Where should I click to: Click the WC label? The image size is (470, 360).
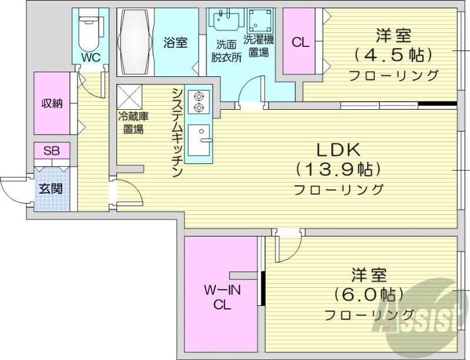click(x=90, y=57)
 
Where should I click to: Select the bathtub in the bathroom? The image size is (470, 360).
click(x=136, y=41)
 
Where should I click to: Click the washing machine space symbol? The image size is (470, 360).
click(x=258, y=23)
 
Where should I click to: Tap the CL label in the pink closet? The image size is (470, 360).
click(x=300, y=42)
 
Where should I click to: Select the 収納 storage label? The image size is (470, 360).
click(x=51, y=103)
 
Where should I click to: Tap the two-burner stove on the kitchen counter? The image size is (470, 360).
click(x=198, y=100)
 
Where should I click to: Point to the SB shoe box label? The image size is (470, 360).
click(x=52, y=150)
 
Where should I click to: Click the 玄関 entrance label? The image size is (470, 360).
click(x=51, y=189)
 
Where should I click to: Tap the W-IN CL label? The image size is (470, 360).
click(x=221, y=297)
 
